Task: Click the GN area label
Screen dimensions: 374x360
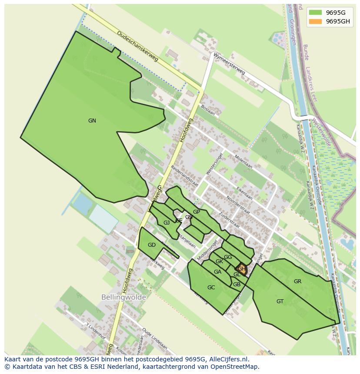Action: pyautogui.click(x=92, y=121)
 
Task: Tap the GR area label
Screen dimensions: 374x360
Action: pyautogui.click(x=297, y=281)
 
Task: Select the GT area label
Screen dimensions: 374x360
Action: pyautogui.click(x=280, y=301)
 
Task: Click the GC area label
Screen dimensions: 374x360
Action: pyautogui.click(x=211, y=288)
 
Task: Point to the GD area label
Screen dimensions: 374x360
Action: pyautogui.click(x=151, y=245)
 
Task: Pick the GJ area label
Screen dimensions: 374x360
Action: pyautogui.click(x=167, y=223)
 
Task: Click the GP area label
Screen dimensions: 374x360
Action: pyautogui.click(x=197, y=212)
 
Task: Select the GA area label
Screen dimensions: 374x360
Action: pyautogui.click(x=217, y=272)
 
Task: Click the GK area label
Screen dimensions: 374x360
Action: pyautogui.click(x=219, y=261)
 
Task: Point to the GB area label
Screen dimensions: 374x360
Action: pyautogui.click(x=237, y=285)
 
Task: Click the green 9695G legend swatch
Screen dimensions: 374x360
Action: pyautogui.click(x=315, y=12)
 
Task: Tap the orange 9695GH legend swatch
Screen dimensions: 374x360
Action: pyautogui.click(x=315, y=22)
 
